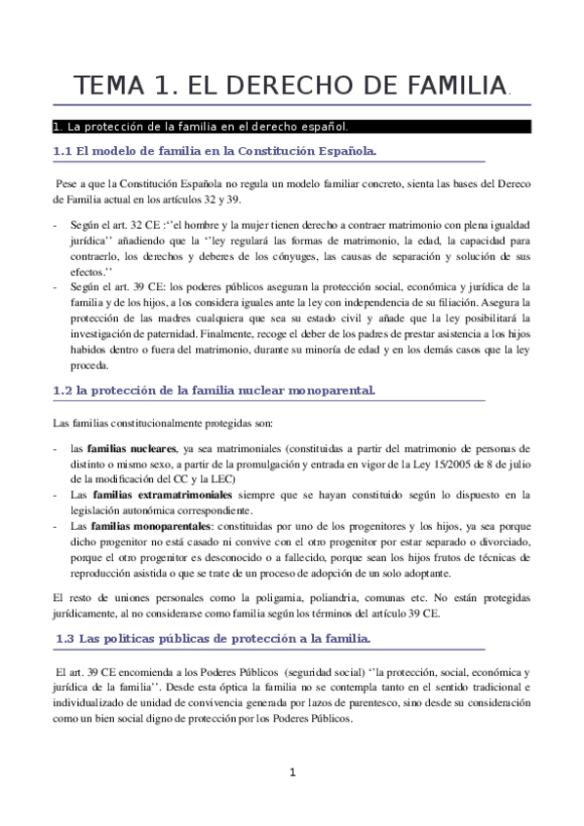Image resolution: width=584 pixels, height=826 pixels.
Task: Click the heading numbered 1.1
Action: pyautogui.click(x=214, y=151)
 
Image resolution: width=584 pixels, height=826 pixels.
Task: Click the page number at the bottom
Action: pyautogui.click(x=292, y=773)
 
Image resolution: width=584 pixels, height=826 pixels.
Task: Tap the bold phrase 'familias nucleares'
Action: pyautogui.click(x=132, y=448)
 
